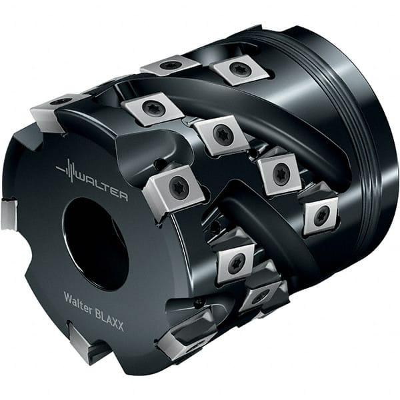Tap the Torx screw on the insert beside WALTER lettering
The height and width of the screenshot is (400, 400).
(x=177, y=187)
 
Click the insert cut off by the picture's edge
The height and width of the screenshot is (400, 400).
(x=7, y=214)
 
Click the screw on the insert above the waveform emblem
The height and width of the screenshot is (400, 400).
(x=61, y=101)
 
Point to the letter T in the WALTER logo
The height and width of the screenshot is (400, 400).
(x=107, y=188)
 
